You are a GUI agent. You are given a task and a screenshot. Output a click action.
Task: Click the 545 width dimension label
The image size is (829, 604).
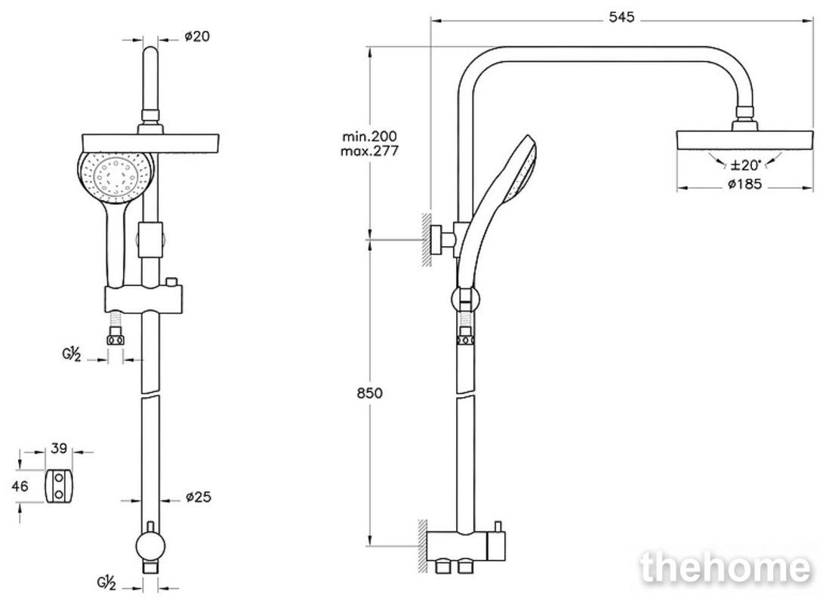click(621, 17)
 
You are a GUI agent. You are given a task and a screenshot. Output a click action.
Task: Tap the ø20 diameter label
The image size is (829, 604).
click(197, 36)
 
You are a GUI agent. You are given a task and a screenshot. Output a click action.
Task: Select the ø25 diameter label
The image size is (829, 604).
click(199, 497)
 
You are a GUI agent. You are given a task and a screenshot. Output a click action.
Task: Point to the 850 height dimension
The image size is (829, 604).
click(369, 393)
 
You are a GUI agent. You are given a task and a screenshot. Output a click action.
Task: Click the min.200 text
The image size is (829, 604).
click(369, 137)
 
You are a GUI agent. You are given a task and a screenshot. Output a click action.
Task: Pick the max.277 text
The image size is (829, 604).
click(369, 151)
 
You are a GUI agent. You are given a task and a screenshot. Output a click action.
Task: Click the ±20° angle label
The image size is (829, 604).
click(746, 165)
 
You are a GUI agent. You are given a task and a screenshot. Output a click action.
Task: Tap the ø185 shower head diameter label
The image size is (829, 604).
click(744, 184)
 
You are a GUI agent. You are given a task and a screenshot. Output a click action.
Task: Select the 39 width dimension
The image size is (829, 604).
click(59, 448)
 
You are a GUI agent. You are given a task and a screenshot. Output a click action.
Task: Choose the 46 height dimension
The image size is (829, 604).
click(20, 485)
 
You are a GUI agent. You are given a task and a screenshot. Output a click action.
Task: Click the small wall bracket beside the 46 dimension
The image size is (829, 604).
click(58, 486)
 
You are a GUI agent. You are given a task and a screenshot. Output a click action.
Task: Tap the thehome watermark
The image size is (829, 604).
click(725, 568)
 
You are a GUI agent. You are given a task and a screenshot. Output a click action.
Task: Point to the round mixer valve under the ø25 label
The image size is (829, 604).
click(151, 547)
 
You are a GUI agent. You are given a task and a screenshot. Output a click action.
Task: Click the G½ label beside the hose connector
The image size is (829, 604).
click(71, 354)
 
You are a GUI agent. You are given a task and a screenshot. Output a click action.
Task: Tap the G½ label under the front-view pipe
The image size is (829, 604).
click(106, 583)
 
